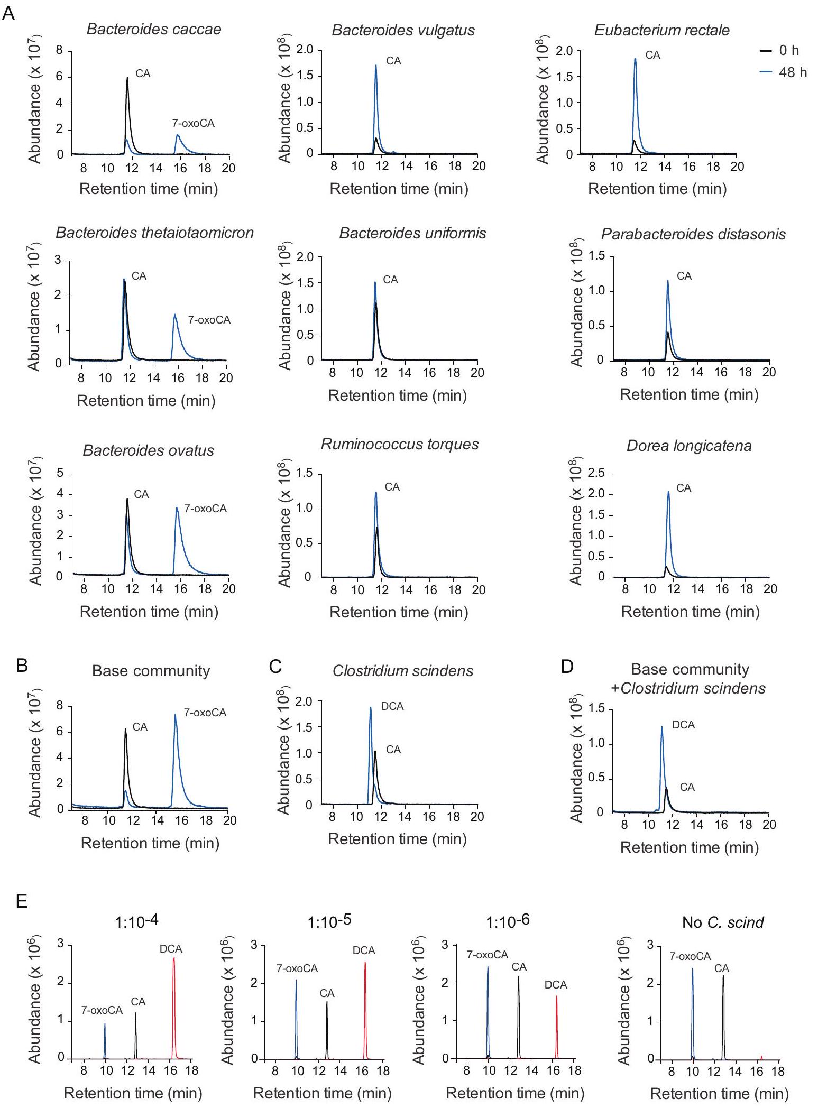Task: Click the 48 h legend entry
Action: click(x=792, y=72)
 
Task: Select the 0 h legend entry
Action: click(x=788, y=51)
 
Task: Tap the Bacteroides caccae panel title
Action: click(x=154, y=29)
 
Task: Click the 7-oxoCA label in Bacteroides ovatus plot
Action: click(x=205, y=509)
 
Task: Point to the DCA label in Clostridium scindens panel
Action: click(x=392, y=706)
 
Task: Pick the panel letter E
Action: click(x=22, y=901)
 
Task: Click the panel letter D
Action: click(x=567, y=667)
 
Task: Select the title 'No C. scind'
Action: click(x=723, y=922)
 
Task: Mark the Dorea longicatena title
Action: click(x=689, y=446)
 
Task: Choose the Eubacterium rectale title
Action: click(x=661, y=30)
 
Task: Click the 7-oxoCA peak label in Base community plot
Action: click(x=205, y=713)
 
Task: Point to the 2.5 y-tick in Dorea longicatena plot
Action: click(x=595, y=473)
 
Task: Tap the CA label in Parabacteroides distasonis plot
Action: click(x=684, y=276)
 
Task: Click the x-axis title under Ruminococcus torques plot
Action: click(x=399, y=612)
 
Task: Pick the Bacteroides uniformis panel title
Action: click(x=412, y=233)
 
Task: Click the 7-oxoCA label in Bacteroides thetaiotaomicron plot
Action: click(x=209, y=320)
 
